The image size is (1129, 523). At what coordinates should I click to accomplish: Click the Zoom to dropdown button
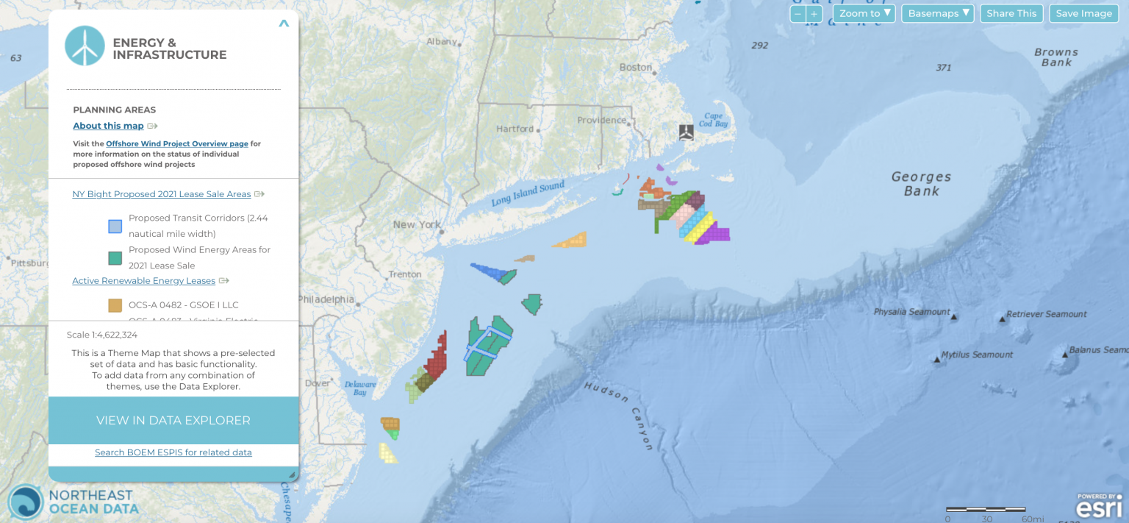pyautogui.click(x=864, y=13)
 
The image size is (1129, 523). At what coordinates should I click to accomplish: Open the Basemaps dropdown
pyautogui.click(x=937, y=13)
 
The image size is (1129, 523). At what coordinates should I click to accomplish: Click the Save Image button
pyautogui.click(x=1083, y=13)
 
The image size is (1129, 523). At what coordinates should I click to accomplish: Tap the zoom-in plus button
pyautogui.click(x=814, y=14)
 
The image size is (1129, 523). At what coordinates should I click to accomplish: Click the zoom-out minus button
pyautogui.click(x=798, y=14)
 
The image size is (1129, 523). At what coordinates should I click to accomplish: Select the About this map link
pyautogui.click(x=108, y=126)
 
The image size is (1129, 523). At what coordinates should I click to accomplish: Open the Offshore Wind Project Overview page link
pyautogui.click(x=176, y=143)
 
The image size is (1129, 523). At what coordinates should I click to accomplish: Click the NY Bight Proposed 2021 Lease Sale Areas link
pyautogui.click(x=162, y=194)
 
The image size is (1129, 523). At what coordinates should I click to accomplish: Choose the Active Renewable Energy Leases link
pyautogui.click(x=143, y=281)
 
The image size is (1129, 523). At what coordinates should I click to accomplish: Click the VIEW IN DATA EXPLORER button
pyautogui.click(x=173, y=421)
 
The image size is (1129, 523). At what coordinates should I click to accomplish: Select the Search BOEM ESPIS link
pyautogui.click(x=173, y=452)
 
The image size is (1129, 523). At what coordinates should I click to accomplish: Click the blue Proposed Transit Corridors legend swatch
pyautogui.click(x=115, y=226)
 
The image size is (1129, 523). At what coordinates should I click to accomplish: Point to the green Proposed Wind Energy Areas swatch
pyautogui.click(x=115, y=258)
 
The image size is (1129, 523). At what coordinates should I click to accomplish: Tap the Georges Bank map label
pyautogui.click(x=921, y=183)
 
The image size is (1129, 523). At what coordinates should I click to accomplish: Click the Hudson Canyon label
pyautogui.click(x=618, y=415)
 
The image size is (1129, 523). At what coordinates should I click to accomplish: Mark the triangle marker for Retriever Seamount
pyautogui.click(x=1002, y=319)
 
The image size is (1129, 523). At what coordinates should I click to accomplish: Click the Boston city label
pyautogui.click(x=636, y=67)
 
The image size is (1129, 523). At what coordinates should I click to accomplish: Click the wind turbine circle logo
pyautogui.click(x=85, y=46)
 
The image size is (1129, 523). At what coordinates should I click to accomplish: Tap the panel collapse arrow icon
pyautogui.click(x=284, y=24)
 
